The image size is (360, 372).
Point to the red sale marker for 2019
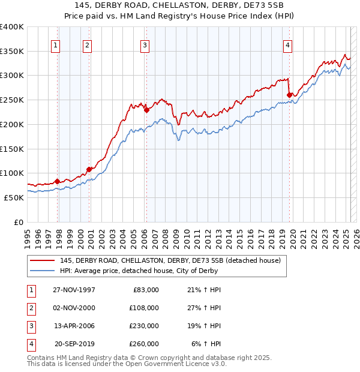click(289, 95)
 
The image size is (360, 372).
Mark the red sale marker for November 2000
click(89, 169)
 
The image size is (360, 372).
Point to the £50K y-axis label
click(14, 197)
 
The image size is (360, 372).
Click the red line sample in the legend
click(41, 260)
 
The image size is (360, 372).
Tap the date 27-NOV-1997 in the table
click(74, 290)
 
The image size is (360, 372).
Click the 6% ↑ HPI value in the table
click(206, 344)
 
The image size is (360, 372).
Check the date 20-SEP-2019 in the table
click(74, 344)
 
